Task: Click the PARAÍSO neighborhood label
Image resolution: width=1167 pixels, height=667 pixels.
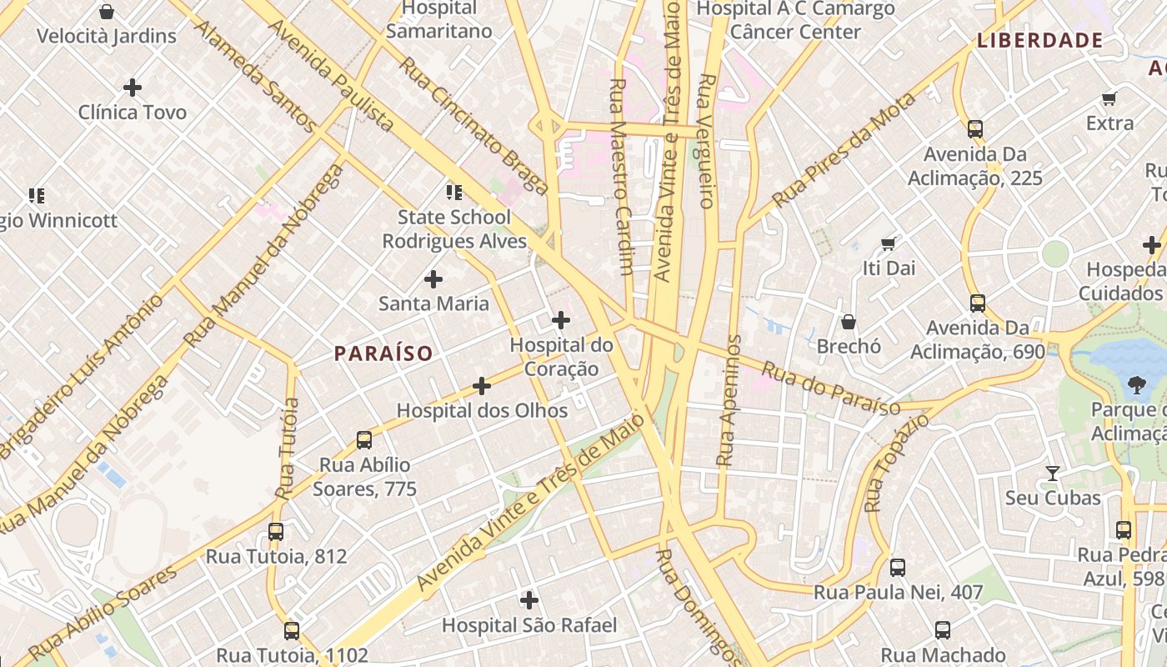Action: [x=383, y=354]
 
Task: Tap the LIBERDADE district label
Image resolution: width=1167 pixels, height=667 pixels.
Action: [x=1040, y=40]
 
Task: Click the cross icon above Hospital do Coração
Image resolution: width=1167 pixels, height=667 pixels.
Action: [x=561, y=319]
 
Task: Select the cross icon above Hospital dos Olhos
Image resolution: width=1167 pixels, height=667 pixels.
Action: [x=482, y=385]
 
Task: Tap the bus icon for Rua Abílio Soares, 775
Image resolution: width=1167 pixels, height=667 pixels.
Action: [x=363, y=439]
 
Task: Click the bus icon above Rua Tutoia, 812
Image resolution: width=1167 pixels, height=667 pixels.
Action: [x=276, y=531]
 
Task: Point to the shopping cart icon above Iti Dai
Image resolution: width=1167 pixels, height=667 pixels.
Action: [x=889, y=243]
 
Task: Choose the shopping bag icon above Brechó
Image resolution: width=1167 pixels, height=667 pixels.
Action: [x=849, y=321]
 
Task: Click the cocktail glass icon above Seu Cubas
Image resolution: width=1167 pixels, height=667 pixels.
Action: [x=1053, y=473]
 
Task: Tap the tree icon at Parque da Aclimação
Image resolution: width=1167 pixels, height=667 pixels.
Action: [x=1135, y=384]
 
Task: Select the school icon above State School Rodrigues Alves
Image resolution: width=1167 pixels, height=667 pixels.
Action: [x=454, y=193]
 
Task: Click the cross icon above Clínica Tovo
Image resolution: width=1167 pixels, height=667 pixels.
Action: [x=133, y=87]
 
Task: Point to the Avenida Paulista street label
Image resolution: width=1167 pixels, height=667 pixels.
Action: [x=330, y=75]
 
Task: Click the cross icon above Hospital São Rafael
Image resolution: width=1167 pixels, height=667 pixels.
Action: [x=529, y=599]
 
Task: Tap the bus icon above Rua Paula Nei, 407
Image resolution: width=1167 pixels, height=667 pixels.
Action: [x=898, y=567]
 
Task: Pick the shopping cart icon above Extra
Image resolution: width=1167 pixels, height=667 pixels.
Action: [x=1109, y=99]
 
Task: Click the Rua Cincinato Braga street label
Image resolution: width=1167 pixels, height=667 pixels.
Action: [x=473, y=125]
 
